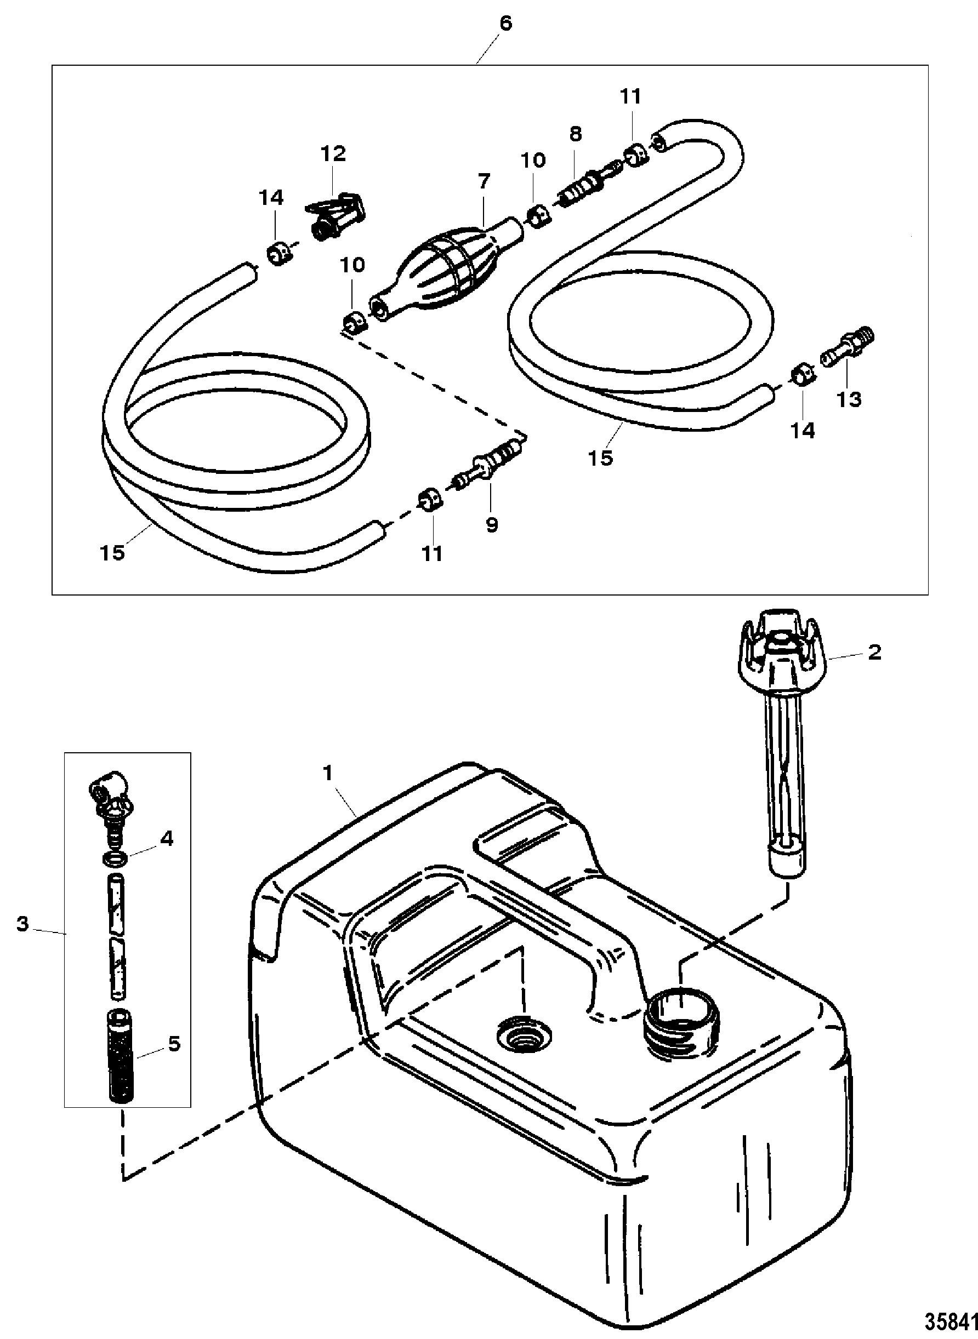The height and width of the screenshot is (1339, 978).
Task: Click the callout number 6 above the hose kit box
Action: coord(504,24)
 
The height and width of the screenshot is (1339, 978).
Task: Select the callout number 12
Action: coord(333,154)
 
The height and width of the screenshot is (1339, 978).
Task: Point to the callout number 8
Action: coord(576,134)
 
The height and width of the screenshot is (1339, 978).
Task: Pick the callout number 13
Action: coord(849,399)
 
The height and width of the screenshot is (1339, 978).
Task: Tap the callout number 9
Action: coord(492,525)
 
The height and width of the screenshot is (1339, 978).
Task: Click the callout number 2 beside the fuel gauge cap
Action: coord(874,653)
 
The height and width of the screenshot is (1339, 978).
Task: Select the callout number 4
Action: coord(168,838)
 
